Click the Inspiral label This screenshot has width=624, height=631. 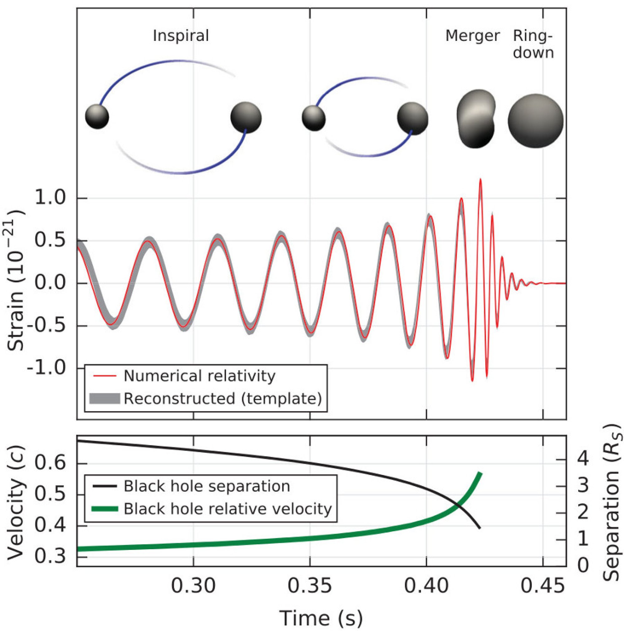tap(181, 36)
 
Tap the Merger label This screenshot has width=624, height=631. tap(472, 36)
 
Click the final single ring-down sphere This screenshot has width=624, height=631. tap(535, 120)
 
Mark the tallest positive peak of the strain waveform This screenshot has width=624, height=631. tap(480, 180)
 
